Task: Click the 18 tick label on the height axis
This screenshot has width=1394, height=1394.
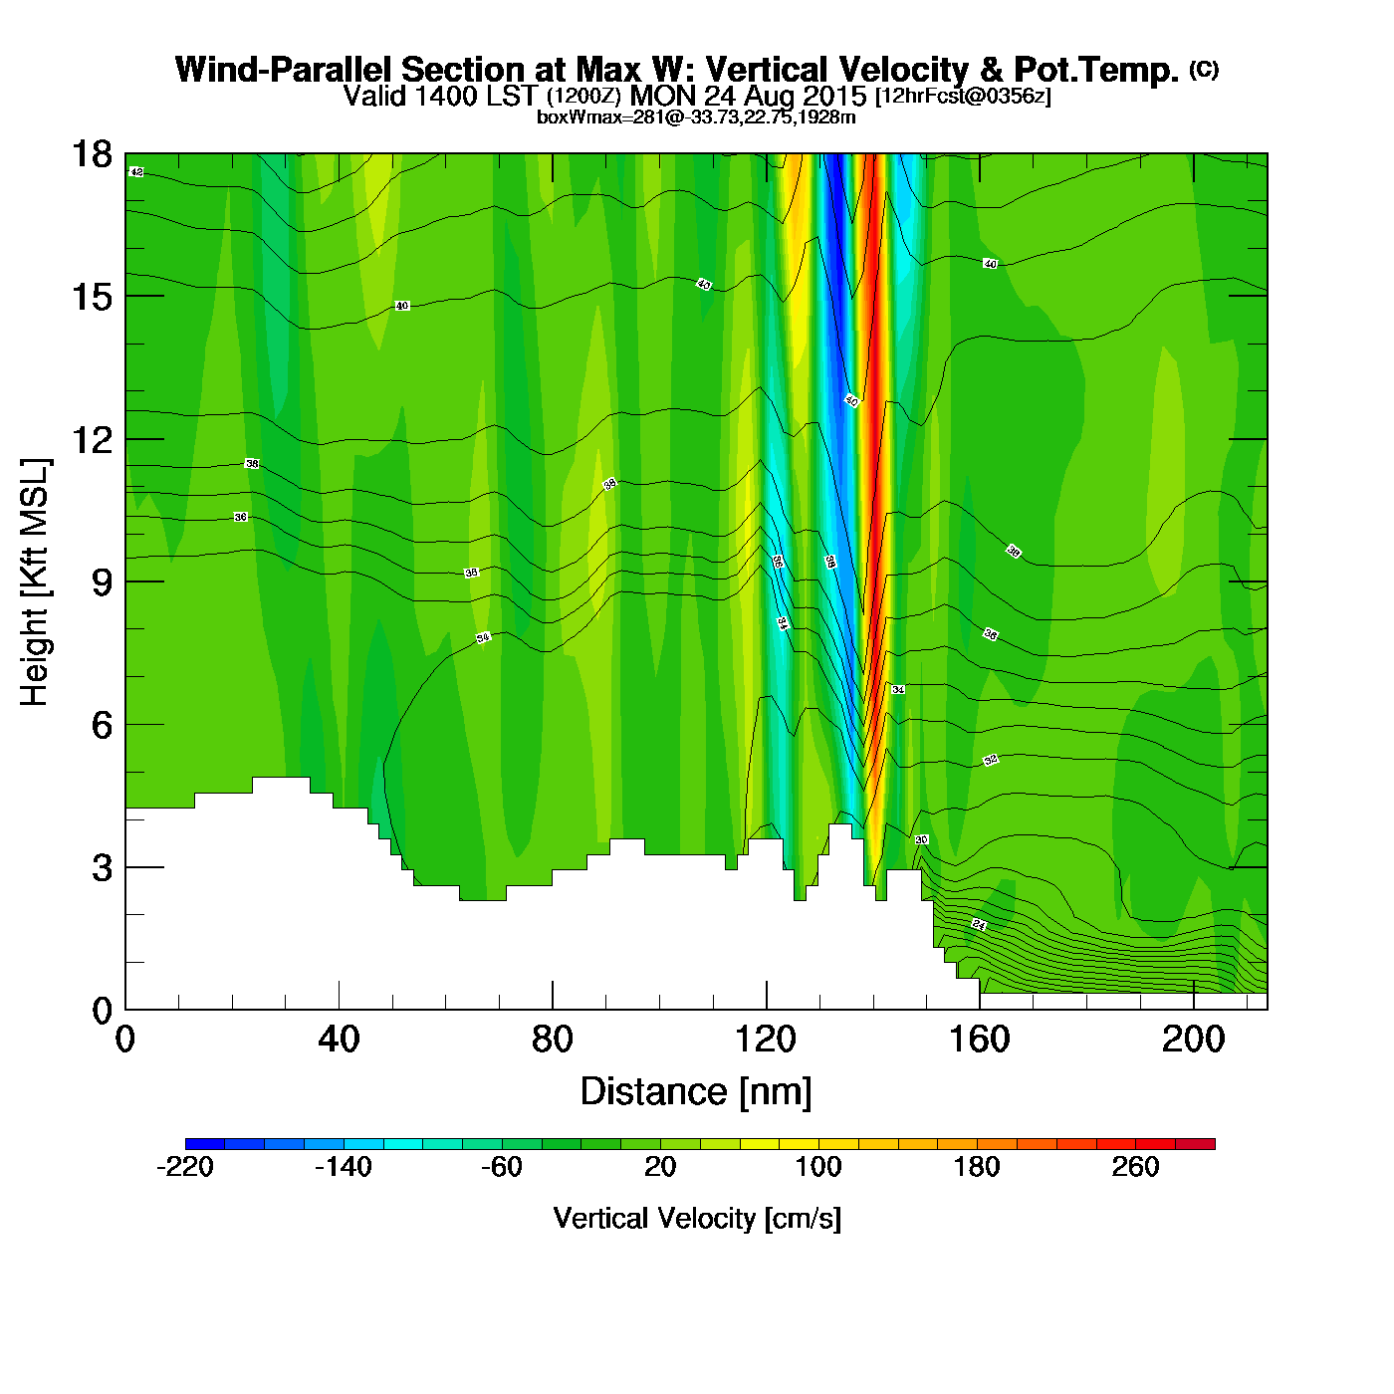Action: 92,154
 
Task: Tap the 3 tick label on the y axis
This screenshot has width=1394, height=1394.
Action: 102,868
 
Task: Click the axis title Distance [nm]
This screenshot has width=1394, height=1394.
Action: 696,1092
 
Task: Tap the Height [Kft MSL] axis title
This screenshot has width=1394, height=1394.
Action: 35,582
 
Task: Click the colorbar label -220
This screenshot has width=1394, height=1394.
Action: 185,1167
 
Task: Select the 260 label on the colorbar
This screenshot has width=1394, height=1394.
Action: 1135,1167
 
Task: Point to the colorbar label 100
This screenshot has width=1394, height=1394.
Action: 818,1167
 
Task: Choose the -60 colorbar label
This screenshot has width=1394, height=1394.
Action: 502,1167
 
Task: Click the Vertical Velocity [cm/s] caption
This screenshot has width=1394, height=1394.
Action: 697,1219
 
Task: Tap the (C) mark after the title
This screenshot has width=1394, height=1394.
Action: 1204,69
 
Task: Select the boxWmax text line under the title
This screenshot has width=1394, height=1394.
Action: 696,116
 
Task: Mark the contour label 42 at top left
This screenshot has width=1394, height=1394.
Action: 137,172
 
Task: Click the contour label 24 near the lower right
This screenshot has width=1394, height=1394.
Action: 979,925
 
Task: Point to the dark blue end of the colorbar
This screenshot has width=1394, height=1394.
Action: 195,1144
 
